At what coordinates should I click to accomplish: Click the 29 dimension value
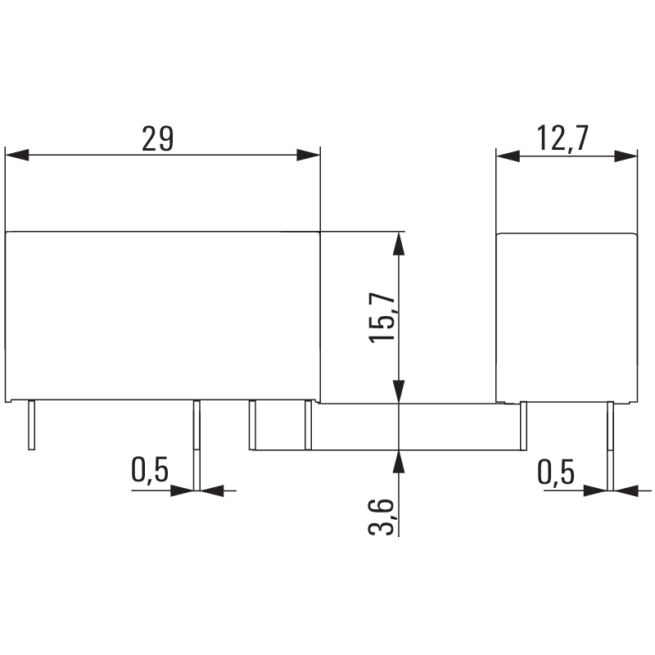tap(157, 138)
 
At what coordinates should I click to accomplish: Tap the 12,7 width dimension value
tap(562, 138)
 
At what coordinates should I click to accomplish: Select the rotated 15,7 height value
tap(382, 317)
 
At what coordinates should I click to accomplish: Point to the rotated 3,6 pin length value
tap(381, 517)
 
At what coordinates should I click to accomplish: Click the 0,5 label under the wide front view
tap(150, 471)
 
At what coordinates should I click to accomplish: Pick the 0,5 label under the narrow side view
tap(556, 472)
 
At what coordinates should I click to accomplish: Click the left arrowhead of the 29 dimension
tap(17, 155)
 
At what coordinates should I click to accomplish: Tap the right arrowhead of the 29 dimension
tap(309, 155)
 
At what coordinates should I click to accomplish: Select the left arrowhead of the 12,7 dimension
tap(508, 156)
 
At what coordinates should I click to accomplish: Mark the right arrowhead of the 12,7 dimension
tap(626, 156)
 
